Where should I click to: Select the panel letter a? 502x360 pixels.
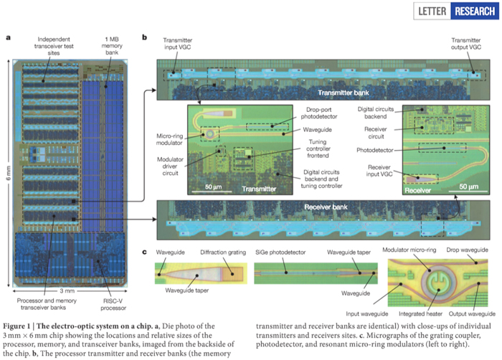point(8,37)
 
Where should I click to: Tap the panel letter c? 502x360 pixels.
point(145,252)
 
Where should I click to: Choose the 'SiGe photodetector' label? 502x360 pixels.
point(281,252)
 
